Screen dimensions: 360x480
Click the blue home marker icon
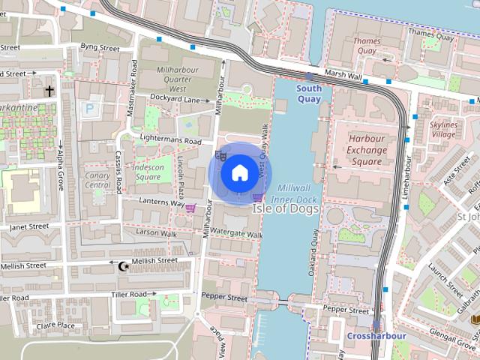point(239,173)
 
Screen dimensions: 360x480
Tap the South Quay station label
point(309,93)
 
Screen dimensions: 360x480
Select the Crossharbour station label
point(376,336)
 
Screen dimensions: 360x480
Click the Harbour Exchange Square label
point(366,150)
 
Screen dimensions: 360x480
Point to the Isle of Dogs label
point(285,208)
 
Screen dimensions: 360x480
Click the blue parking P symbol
point(90,109)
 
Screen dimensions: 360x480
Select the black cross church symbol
point(50,91)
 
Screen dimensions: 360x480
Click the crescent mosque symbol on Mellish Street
point(124,265)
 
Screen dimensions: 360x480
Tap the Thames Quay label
point(366,46)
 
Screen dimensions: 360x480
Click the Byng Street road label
point(100,48)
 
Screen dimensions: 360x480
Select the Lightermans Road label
point(171,140)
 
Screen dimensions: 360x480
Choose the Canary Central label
point(97,180)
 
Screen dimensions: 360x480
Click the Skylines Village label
point(443,129)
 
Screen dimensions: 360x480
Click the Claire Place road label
point(55,325)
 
